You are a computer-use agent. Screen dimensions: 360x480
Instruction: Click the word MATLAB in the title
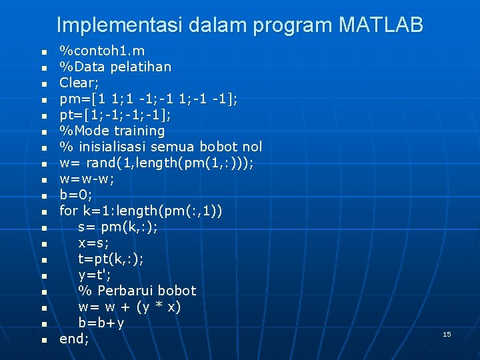click(x=381, y=25)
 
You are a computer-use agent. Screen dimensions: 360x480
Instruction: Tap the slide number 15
click(x=447, y=333)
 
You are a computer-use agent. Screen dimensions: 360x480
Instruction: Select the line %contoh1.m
click(x=102, y=51)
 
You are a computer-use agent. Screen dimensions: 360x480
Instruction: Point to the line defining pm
click(x=148, y=99)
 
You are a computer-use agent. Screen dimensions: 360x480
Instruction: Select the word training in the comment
click(x=139, y=131)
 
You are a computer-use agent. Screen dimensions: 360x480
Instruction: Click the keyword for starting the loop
click(x=69, y=211)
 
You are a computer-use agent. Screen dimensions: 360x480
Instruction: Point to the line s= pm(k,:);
click(x=118, y=227)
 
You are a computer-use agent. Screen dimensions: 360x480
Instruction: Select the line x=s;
click(x=93, y=243)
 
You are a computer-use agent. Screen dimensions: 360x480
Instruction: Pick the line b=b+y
click(x=101, y=323)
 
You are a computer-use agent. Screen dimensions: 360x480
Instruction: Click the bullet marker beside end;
click(x=44, y=340)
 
